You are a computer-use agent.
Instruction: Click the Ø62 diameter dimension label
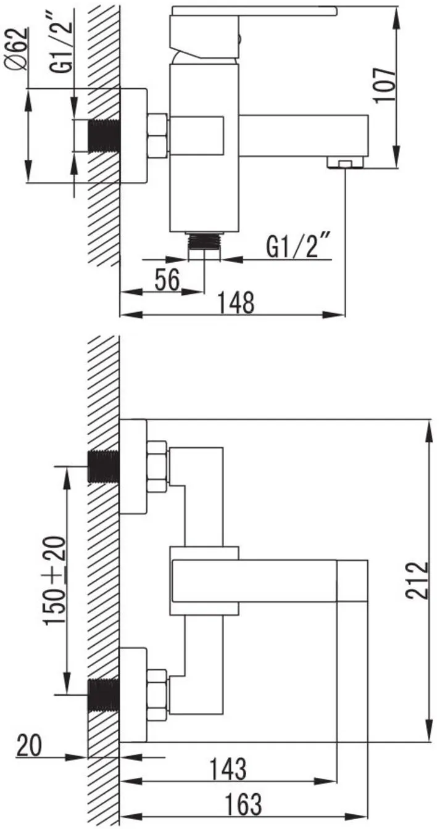click(17, 48)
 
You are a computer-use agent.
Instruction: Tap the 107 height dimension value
click(384, 85)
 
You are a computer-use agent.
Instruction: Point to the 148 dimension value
click(236, 302)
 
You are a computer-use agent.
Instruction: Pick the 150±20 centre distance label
click(55, 582)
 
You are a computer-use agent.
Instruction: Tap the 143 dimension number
click(228, 769)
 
